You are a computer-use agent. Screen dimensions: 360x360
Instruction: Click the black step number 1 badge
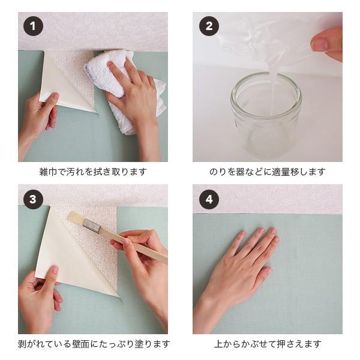point(33,26)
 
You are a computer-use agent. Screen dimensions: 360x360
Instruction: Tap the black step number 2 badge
point(209,26)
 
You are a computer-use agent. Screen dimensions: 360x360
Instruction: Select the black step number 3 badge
point(33,199)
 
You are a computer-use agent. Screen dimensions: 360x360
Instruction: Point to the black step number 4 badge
point(209,199)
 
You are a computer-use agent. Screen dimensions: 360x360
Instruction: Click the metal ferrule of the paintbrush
point(92,226)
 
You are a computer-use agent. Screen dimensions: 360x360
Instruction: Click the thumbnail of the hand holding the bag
point(319,44)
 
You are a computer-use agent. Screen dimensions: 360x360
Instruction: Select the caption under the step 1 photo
point(93,172)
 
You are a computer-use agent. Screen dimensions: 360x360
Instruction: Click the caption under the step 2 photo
point(268,172)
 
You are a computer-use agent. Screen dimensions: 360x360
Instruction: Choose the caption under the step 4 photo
point(268,344)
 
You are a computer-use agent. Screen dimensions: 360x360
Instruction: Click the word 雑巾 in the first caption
point(48,172)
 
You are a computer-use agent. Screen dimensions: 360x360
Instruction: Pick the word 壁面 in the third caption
point(80,344)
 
